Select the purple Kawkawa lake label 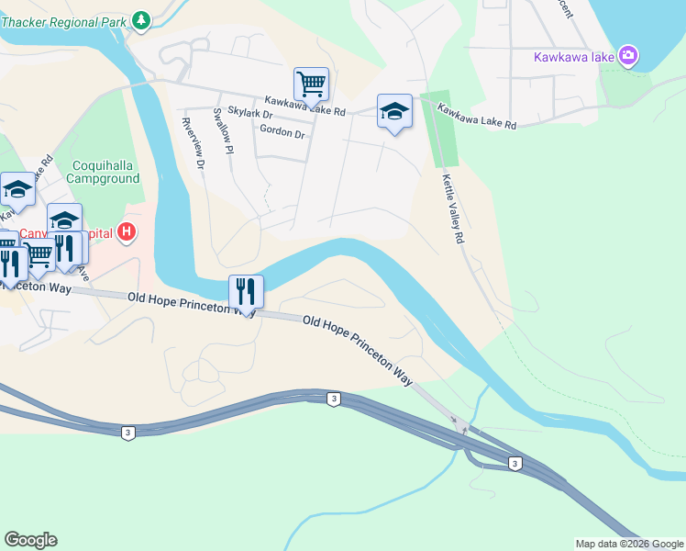[x=573, y=57]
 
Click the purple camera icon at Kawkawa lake [x=628, y=56]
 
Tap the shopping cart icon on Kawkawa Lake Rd [x=311, y=84]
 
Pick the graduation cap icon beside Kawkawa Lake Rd [x=394, y=111]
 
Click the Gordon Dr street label [x=282, y=132]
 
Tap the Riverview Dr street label [x=194, y=144]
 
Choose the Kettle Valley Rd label [x=452, y=208]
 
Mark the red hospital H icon [x=127, y=233]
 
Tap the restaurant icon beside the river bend [x=246, y=292]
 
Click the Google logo [x=30, y=540]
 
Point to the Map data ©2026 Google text [x=629, y=544]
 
